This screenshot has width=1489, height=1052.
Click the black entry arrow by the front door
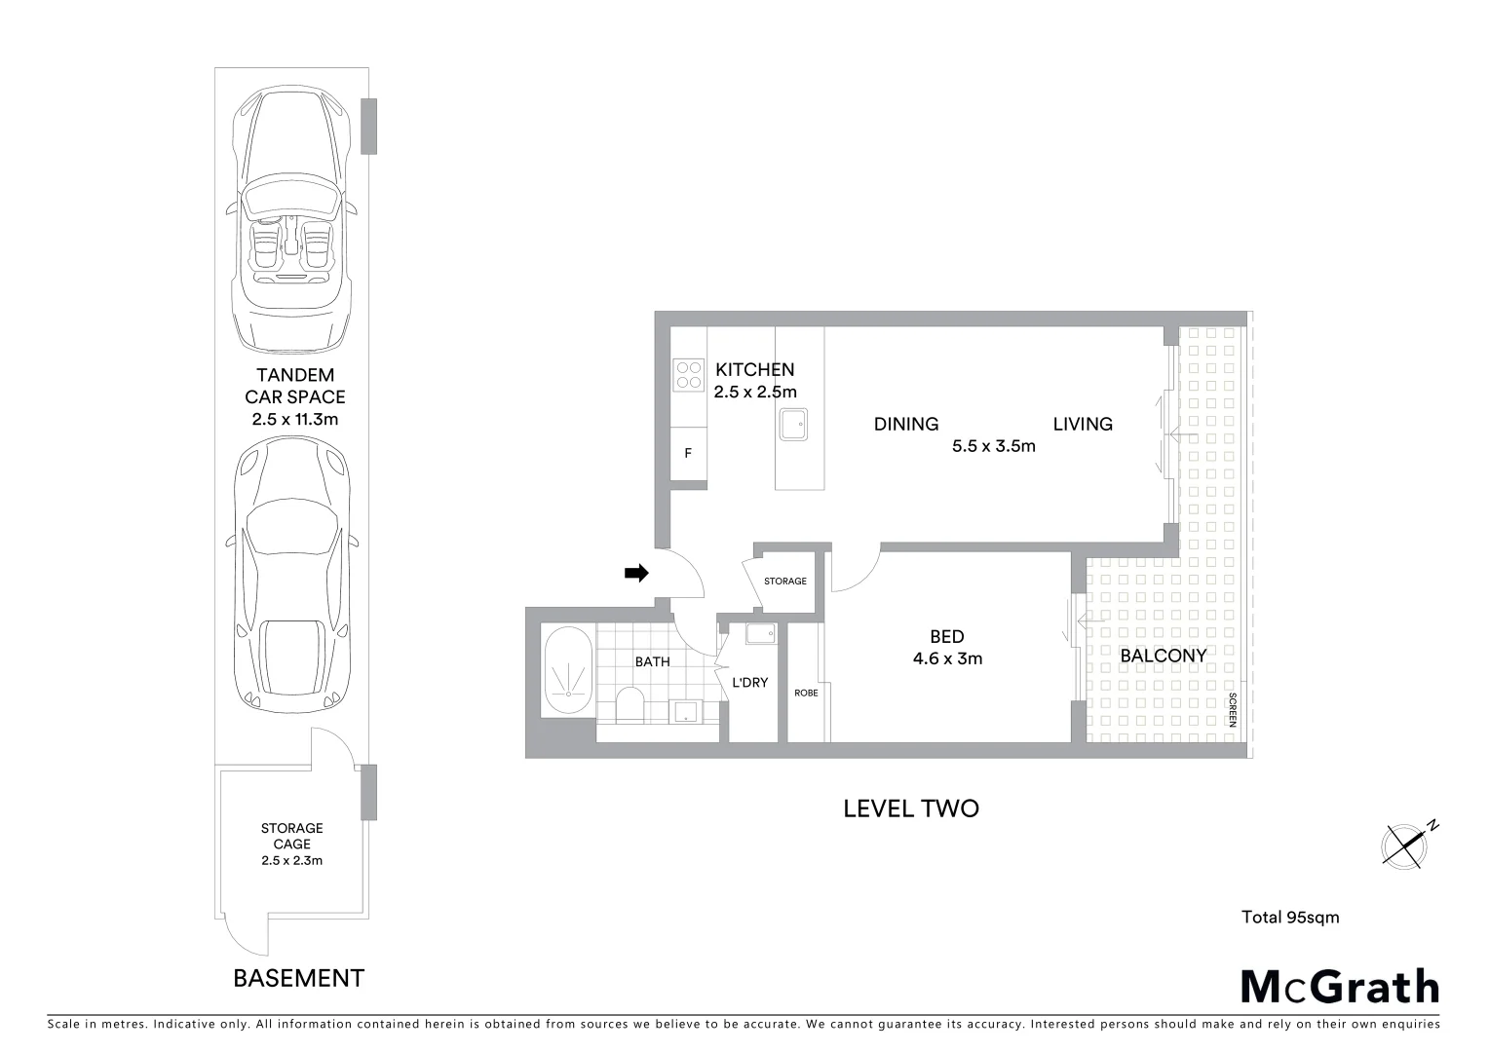(636, 574)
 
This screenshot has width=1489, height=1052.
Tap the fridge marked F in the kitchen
(688, 454)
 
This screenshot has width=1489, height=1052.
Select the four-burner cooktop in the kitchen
(689, 375)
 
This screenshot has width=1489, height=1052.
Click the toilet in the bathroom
(630, 703)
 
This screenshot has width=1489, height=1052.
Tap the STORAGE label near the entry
(785, 582)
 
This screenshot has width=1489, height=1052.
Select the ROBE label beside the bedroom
(806, 693)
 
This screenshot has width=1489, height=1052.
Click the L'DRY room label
(750, 683)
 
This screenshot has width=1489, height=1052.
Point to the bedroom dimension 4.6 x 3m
(947, 658)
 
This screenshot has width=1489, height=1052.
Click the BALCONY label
(1164, 656)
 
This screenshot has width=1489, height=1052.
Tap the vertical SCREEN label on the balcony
(1232, 710)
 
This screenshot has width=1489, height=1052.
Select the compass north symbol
(1407, 845)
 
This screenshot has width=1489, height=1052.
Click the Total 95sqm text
(1290, 917)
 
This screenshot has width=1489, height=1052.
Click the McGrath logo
(1340, 987)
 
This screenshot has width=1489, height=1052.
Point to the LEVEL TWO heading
(910, 808)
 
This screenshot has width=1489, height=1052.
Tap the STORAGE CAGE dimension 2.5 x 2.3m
(291, 860)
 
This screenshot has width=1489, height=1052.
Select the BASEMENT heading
(298, 978)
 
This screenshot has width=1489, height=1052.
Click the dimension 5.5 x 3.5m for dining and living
(993, 446)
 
